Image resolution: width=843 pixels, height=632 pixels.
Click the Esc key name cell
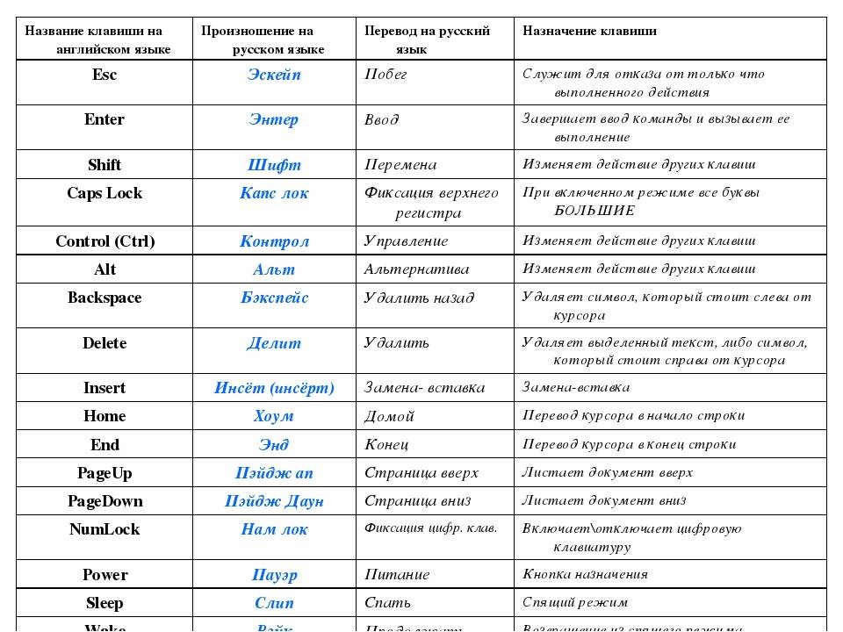point(104,75)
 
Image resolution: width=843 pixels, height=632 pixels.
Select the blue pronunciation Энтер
point(274,119)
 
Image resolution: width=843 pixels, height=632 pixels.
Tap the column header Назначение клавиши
point(589,31)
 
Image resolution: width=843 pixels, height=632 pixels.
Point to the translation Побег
point(386,75)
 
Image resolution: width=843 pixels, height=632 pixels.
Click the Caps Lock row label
point(104,193)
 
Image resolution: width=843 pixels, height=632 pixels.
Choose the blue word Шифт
point(274,165)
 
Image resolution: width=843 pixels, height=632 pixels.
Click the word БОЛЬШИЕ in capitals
point(594,211)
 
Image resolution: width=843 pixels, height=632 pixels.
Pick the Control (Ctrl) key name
point(104,241)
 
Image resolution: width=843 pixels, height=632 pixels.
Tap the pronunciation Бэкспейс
point(274,298)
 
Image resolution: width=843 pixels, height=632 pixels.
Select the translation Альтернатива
point(416,269)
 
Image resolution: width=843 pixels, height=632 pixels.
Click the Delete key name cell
point(104,343)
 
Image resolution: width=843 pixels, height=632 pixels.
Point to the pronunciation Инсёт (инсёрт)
point(274,388)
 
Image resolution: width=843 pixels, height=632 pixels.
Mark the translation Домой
point(389,416)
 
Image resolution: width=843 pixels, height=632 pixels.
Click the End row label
point(104,445)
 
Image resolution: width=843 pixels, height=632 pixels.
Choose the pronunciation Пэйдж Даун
point(274,501)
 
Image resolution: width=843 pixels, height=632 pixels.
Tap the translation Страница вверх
point(421,473)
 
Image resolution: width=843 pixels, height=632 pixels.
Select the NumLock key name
point(104,529)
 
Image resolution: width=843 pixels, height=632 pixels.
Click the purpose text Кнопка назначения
point(585,574)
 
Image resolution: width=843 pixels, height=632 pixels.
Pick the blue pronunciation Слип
point(274,603)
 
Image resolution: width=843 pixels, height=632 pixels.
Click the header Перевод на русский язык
point(428,39)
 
